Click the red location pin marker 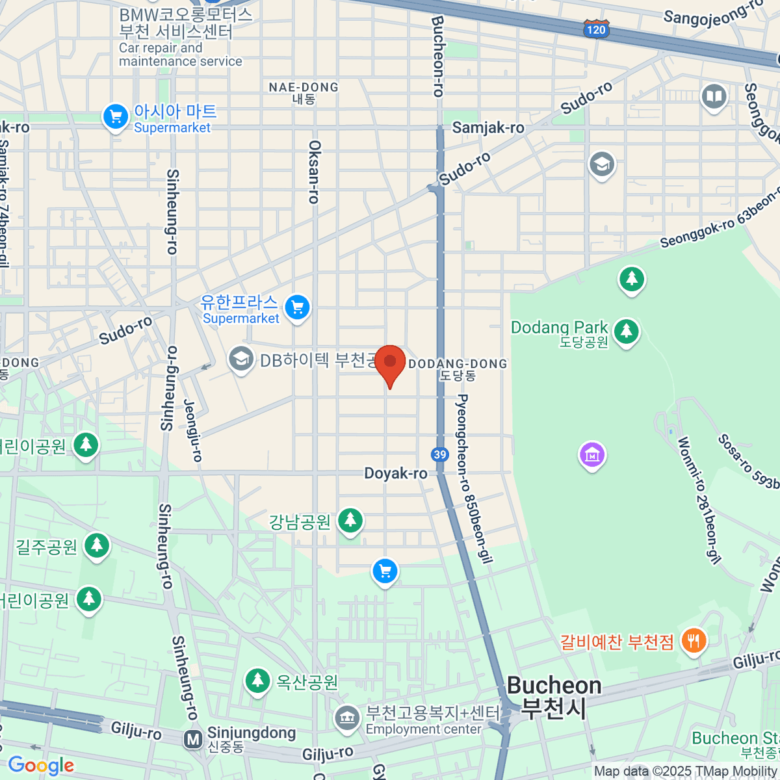[390, 362]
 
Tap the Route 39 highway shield [440, 454]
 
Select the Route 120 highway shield [595, 29]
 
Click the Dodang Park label [559, 328]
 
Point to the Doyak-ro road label [395, 473]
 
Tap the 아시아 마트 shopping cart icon [116, 118]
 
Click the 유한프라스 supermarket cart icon [298, 307]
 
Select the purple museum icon [592, 455]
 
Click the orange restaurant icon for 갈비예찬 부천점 [694, 642]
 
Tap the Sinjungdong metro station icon [192, 740]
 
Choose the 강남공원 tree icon [350, 520]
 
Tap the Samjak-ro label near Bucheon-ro [488, 127]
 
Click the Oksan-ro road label [315, 172]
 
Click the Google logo [41, 766]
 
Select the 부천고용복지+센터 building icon [347, 719]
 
